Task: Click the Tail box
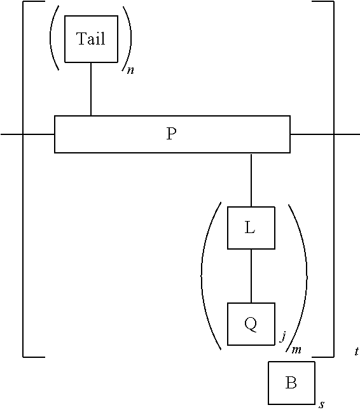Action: (91, 39)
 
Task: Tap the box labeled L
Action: (251, 227)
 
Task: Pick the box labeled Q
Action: (251, 323)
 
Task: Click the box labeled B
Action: (291, 383)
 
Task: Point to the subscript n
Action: (130, 70)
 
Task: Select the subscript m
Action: (296, 350)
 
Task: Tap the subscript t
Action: (356, 351)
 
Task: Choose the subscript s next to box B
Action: (322, 404)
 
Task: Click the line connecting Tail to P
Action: (91, 89)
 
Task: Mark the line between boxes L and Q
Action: (251, 276)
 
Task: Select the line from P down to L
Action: (251, 180)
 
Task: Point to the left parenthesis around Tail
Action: (53, 39)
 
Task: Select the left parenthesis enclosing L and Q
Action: (204, 275)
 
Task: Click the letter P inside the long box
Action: (171, 134)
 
